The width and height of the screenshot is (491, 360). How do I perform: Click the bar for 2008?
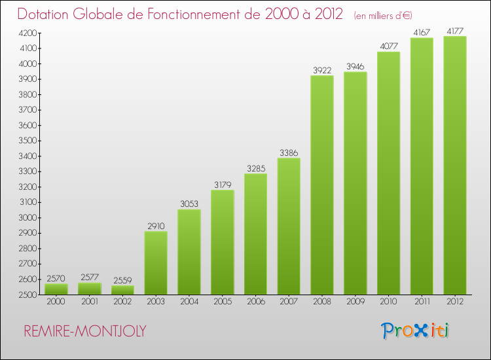(x=322, y=185)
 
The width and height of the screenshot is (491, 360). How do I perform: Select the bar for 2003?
(x=156, y=262)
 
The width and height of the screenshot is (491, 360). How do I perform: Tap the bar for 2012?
(x=455, y=165)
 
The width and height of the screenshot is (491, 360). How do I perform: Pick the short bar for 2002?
(x=122, y=290)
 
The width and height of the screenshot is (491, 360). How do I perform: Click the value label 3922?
(x=322, y=69)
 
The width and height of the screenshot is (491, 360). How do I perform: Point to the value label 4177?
(x=455, y=30)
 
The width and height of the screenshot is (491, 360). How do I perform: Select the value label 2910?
(x=156, y=225)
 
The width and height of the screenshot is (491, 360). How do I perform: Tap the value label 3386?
(x=289, y=153)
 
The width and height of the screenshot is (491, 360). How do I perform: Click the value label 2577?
(x=90, y=276)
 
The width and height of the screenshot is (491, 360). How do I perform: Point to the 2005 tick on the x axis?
(x=223, y=302)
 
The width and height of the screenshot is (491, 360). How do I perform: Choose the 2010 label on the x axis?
(x=388, y=302)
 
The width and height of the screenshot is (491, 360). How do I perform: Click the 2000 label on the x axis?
(x=56, y=302)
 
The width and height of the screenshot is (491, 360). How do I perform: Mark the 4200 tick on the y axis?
(x=27, y=33)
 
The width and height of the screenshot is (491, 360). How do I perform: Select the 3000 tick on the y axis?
(x=27, y=218)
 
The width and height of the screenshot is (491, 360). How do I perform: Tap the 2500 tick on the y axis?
(x=27, y=295)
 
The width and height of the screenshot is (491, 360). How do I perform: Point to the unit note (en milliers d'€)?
(x=383, y=16)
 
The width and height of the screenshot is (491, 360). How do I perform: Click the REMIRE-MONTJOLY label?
(x=85, y=331)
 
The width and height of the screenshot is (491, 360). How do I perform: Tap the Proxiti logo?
(x=416, y=331)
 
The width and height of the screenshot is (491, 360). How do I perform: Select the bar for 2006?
(x=255, y=234)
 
